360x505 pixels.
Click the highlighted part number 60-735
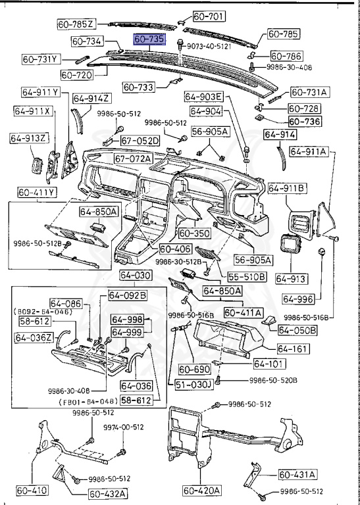(x=149, y=40)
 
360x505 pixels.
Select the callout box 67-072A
(x=133, y=158)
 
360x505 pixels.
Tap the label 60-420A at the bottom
(x=202, y=490)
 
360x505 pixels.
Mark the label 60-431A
(x=297, y=473)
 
